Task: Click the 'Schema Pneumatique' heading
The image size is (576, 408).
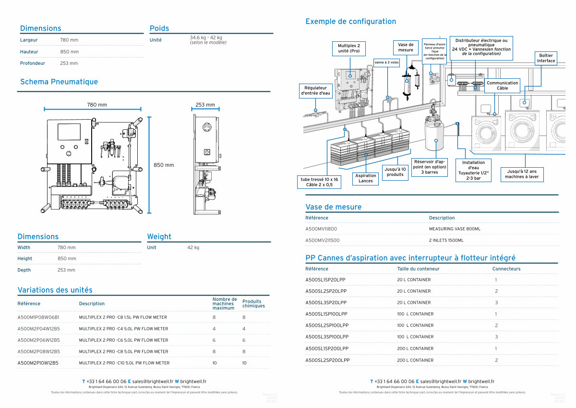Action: (59, 82)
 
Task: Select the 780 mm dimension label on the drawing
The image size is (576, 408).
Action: (96, 105)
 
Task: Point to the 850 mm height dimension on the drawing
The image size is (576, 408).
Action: (164, 165)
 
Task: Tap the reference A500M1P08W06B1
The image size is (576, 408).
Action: (38, 317)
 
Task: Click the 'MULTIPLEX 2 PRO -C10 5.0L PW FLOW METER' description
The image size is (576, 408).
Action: (124, 363)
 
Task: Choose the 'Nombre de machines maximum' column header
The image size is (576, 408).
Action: (225, 303)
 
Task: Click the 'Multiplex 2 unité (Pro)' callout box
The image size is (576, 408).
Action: (349, 49)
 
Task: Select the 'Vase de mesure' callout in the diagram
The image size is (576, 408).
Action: (406, 47)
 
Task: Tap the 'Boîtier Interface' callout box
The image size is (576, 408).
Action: (546, 58)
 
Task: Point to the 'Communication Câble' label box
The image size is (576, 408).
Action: (502, 86)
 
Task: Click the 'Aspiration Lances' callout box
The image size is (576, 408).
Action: (365, 178)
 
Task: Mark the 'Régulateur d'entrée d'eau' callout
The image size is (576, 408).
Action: (315, 91)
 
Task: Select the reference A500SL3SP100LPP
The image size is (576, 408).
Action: (327, 337)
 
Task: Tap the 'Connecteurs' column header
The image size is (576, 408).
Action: (506, 269)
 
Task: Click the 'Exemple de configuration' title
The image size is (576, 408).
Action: (350, 21)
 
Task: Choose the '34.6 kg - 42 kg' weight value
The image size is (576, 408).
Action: (206, 37)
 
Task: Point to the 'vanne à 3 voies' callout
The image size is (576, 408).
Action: (386, 62)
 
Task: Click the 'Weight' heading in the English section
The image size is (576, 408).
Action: (159, 236)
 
